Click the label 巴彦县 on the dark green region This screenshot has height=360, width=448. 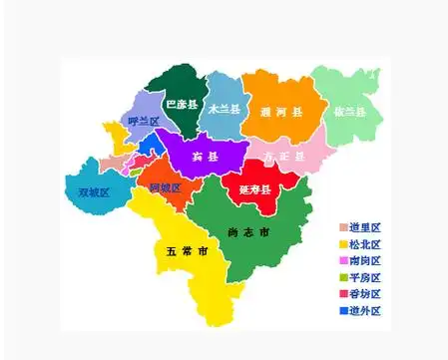(x=182, y=103)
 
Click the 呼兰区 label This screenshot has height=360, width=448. (x=144, y=122)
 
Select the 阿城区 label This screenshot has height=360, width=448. (x=165, y=187)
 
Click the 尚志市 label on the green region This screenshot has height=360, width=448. (x=248, y=233)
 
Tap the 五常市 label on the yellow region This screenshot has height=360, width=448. (x=182, y=250)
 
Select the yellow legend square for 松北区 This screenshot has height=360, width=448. (x=343, y=244)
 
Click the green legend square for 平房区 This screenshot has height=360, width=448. (x=343, y=277)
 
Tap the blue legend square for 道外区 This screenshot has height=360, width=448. (x=343, y=310)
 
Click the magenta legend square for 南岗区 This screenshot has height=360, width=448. (x=343, y=261)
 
